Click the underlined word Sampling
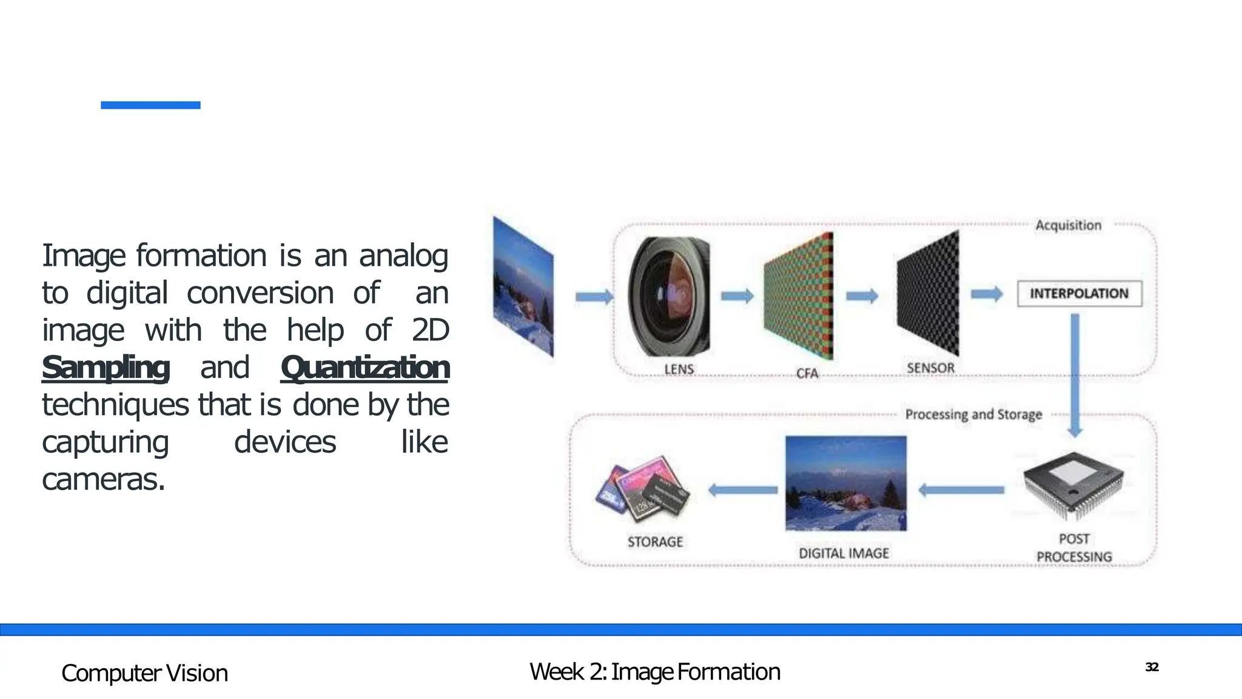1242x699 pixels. coord(106,368)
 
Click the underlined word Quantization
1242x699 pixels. coord(365,368)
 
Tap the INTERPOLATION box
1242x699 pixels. coord(1079,294)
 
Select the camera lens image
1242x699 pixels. coord(669,297)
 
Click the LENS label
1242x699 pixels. coord(679,369)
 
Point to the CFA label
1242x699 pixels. coord(807,373)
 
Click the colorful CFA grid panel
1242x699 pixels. coord(799,297)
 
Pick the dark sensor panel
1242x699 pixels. coord(928,294)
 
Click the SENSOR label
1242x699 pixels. coord(930,368)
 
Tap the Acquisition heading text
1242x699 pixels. coord(1068,225)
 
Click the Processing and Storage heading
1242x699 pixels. coord(973,414)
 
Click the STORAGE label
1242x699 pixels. coord(655,542)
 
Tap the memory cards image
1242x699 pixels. coord(643,489)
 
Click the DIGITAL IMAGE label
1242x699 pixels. coord(844,553)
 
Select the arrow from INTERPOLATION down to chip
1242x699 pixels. coord(1075,373)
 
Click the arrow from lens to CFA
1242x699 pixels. coord(737,296)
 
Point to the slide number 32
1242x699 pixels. coord(1152,667)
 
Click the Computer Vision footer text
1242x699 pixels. coord(144,674)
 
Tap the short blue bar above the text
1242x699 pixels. coord(150,105)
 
